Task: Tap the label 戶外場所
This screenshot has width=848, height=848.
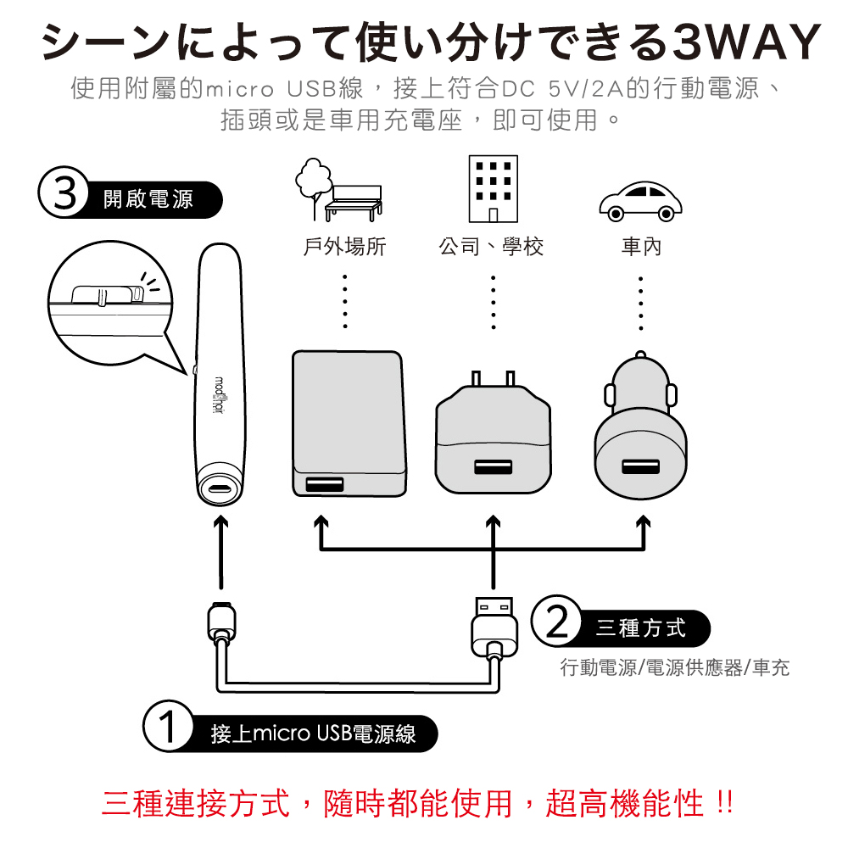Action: (344, 247)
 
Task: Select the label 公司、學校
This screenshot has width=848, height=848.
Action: (491, 247)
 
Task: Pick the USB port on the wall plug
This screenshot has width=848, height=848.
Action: (493, 467)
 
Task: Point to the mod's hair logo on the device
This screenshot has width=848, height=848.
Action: (219, 395)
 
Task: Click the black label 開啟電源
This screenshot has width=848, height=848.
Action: (151, 198)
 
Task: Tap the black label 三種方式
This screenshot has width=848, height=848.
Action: (640, 628)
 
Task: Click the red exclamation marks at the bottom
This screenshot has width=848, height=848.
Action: (723, 802)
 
